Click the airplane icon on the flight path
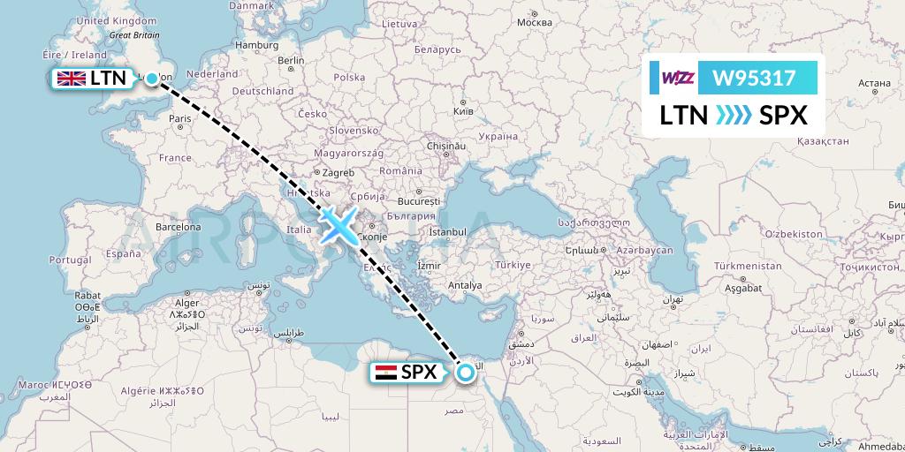point(338,224)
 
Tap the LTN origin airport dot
point(152,79)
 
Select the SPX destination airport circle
point(466,373)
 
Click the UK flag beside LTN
point(71,79)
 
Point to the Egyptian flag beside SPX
point(385,373)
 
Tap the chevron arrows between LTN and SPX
point(730,116)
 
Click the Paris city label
point(181,118)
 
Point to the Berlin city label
point(291,61)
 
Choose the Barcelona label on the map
point(177,226)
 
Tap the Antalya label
point(465,285)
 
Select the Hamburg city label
point(257,45)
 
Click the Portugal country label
point(71,260)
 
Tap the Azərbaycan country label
point(644,251)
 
